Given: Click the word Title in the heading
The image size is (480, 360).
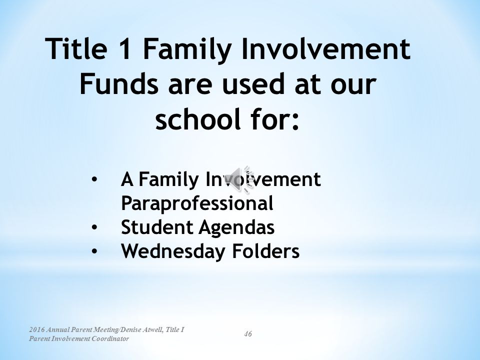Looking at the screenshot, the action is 76,48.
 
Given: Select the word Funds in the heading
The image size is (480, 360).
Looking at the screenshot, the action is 119,83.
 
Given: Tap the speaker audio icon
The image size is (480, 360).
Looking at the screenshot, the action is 241,179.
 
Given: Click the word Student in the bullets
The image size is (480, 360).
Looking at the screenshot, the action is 157,227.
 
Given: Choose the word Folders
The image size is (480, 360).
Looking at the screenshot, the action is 265,251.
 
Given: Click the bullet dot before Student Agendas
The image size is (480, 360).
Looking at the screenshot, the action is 94,227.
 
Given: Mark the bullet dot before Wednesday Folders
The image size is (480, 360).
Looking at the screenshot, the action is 94,251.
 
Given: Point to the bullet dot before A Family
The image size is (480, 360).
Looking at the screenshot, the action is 94,179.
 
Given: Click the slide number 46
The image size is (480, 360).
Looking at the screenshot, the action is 248,333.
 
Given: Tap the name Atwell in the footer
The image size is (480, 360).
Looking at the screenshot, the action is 152,329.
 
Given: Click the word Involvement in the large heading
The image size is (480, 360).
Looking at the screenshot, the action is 326,48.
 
